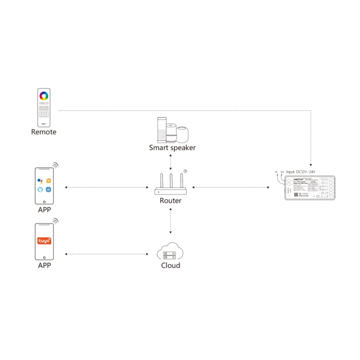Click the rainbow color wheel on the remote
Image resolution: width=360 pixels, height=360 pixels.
pyautogui.click(x=44, y=95)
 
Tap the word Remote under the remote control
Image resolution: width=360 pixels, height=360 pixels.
pyautogui.click(x=44, y=132)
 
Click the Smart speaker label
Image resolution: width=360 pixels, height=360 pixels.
pyautogui.click(x=172, y=147)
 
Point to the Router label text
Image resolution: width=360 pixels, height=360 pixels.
pyautogui.click(x=171, y=201)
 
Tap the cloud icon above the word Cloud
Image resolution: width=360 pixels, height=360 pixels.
pyautogui.click(x=171, y=251)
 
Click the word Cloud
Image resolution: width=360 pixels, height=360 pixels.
pyautogui.click(x=171, y=265)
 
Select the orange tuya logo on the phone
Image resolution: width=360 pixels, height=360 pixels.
pyautogui.click(x=44, y=241)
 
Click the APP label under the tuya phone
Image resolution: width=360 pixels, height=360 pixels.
pyautogui.click(x=44, y=265)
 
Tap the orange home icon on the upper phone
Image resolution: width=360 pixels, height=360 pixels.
pyautogui.click(x=49, y=180)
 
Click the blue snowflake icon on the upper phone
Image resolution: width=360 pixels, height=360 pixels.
pyautogui.click(x=49, y=189)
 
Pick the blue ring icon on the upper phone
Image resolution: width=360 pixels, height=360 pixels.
pyautogui.click(x=40, y=189)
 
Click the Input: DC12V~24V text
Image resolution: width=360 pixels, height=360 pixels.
pyautogui.click(x=301, y=172)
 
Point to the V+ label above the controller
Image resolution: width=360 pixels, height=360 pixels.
pyautogui.click(x=282, y=172)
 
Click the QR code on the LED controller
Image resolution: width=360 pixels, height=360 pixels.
pyautogui.click(x=297, y=193)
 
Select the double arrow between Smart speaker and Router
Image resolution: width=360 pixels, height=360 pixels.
pyautogui.click(x=171, y=161)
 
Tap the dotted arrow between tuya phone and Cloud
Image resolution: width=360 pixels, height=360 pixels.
pyautogui.click(x=106, y=254)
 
